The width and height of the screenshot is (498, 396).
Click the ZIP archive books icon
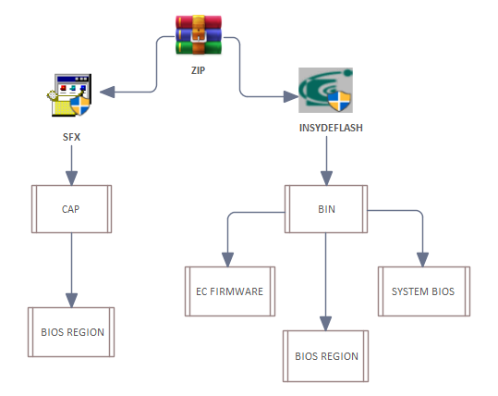199,34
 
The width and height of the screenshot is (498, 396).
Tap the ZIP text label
198,70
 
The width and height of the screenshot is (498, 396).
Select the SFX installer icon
70,95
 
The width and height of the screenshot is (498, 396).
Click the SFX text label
71,137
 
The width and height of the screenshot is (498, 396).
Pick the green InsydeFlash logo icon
325,90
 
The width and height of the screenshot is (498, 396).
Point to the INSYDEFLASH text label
331,128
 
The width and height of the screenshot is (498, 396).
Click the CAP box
71,209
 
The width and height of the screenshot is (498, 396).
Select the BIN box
326,209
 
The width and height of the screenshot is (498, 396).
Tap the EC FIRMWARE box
230,291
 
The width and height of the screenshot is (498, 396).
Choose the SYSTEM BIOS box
424,291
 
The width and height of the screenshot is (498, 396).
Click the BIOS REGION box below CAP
71,332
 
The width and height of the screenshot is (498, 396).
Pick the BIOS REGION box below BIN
326,356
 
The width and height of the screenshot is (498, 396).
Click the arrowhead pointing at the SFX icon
107,92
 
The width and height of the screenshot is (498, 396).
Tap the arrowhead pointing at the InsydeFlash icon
291,97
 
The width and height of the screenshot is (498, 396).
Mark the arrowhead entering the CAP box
71,179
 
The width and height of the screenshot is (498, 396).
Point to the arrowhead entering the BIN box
326,179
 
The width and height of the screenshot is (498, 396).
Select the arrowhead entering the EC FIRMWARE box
227,260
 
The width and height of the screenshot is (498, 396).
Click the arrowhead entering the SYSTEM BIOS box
423,260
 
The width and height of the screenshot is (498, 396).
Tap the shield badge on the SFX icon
80,105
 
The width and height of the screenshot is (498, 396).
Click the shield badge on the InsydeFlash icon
339,101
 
